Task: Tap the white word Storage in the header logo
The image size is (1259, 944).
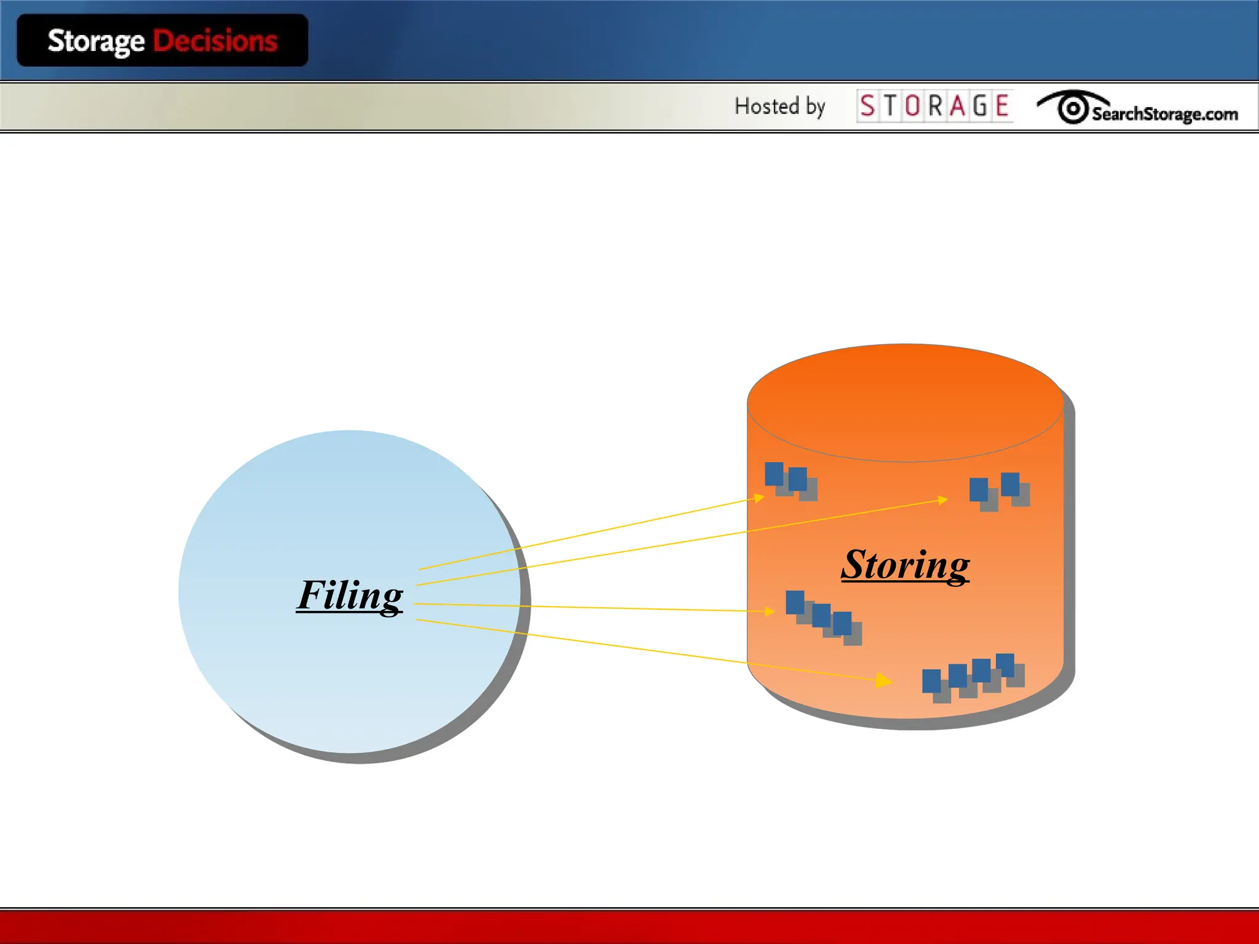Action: tap(96, 41)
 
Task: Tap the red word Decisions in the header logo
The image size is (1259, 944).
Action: tap(215, 41)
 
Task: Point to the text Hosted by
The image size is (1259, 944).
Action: tap(779, 106)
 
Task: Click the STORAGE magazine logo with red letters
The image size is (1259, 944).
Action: tap(934, 106)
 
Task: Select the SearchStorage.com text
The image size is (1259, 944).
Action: tap(1164, 114)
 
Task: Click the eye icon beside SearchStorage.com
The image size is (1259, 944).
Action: tap(1072, 108)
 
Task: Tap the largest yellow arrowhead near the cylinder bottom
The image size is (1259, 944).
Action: tap(883, 680)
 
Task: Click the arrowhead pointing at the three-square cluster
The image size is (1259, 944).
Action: tap(769, 611)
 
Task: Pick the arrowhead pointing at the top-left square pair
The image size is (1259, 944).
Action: tap(759, 498)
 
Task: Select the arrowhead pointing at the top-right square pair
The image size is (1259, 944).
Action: tap(943, 500)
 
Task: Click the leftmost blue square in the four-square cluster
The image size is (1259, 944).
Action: tap(931, 681)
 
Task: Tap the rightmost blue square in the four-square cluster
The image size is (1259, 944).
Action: tap(1004, 664)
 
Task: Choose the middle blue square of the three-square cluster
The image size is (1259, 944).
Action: tap(821, 615)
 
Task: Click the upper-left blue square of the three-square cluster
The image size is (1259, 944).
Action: tap(795, 602)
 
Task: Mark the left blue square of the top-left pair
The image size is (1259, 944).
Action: tap(774, 474)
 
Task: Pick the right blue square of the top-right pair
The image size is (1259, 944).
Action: tap(1010, 484)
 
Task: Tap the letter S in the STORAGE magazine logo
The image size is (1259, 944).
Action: tap(867, 106)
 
